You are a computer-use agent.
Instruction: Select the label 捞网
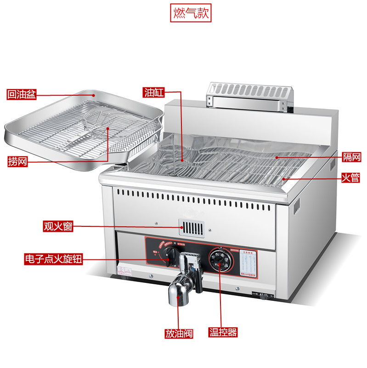tap(17, 161)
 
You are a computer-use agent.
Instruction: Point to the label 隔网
tap(351, 157)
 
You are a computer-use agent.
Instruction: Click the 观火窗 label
tap(58, 226)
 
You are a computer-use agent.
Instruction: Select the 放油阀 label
tap(179, 333)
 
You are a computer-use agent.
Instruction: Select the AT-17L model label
tap(263, 295)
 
